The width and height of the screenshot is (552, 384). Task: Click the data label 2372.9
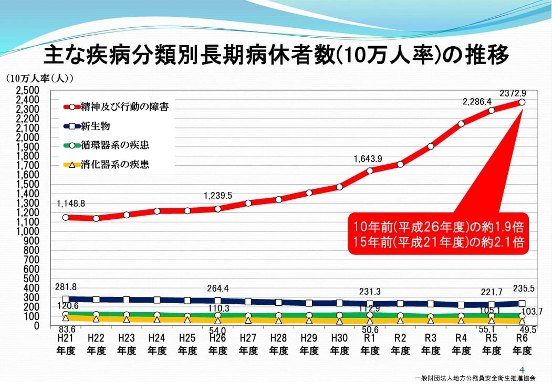[x=513, y=93]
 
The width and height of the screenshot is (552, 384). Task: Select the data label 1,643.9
[x=368, y=158]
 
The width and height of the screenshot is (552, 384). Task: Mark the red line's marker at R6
[x=522, y=102]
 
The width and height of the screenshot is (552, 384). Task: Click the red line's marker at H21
[x=66, y=217]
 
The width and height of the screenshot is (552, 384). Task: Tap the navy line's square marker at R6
[x=522, y=303]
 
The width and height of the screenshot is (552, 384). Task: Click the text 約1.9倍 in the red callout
[x=499, y=228]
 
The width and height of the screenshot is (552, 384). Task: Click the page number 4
[x=522, y=368]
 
